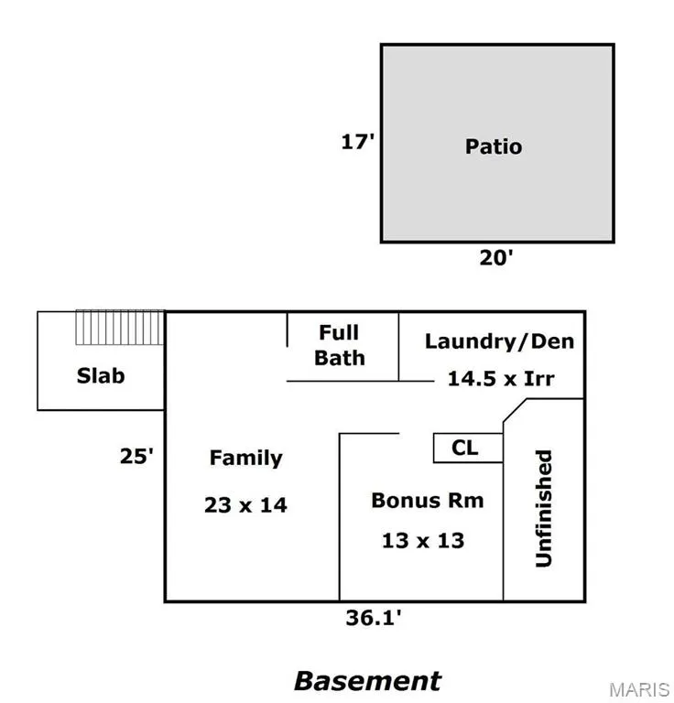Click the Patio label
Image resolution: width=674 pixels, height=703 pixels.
coord(494,146)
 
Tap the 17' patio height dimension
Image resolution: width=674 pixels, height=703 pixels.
coord(358,142)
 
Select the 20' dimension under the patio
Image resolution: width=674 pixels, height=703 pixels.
coord(496,258)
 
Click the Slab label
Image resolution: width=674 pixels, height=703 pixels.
coord(101,375)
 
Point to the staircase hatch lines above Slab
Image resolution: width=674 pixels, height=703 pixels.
coord(119,328)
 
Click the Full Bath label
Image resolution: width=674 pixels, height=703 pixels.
coord(339,345)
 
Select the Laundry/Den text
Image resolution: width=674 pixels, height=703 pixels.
coord(499,341)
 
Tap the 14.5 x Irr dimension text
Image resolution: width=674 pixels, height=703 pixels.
coord(500,378)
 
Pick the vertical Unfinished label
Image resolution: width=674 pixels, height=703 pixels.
coord(544,508)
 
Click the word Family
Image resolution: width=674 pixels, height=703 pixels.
coord(245,458)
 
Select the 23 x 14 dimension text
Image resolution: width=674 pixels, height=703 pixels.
coord(245,504)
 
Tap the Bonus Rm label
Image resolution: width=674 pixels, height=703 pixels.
coord(427,501)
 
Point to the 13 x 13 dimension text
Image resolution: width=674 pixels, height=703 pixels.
coord(423,540)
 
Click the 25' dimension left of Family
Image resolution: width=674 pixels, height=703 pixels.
coord(136,456)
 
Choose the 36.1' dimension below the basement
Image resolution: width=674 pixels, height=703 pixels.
coord(374,618)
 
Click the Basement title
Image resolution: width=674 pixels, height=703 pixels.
coord(367,681)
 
